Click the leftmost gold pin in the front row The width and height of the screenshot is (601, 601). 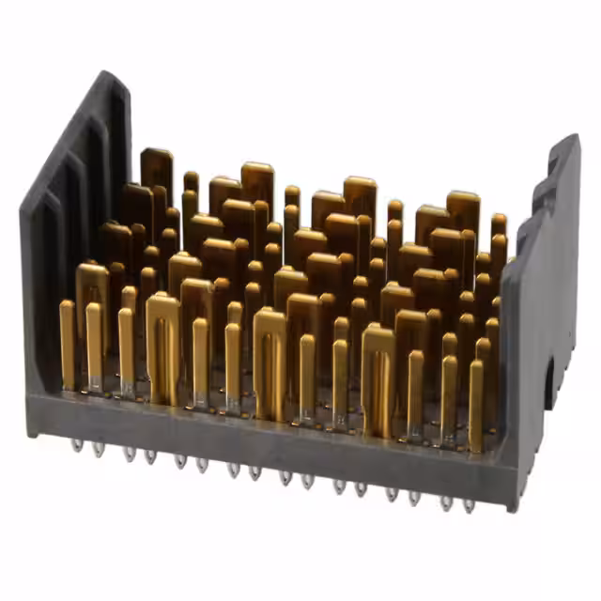click(67, 343)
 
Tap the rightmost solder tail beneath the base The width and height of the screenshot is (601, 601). click(468, 505)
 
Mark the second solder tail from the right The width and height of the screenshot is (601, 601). click(445, 502)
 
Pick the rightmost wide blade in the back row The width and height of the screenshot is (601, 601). click(463, 211)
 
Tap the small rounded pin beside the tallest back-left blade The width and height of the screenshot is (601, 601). click(191, 183)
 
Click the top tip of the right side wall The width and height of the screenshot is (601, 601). click(570, 141)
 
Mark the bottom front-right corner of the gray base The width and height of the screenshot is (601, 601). click(512, 507)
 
